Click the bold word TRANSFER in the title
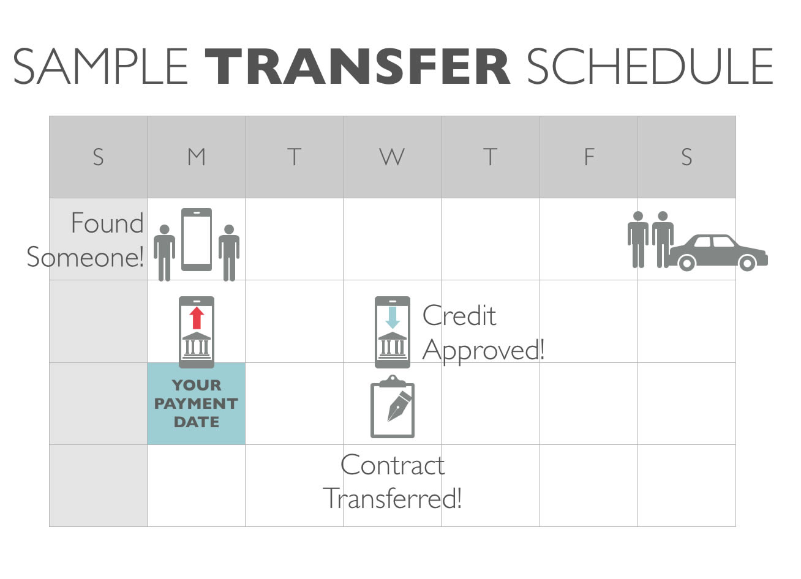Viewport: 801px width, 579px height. (x=358, y=67)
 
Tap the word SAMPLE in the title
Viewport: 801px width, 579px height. (x=100, y=67)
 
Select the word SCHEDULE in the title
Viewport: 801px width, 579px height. (x=650, y=67)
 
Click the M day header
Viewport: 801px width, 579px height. (x=197, y=157)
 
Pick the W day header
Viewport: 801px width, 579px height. (x=392, y=157)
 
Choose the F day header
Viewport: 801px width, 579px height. (x=589, y=157)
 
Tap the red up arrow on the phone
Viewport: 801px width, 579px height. (x=197, y=318)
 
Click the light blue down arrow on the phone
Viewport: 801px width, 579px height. (x=393, y=318)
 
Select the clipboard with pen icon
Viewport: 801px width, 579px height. (x=393, y=406)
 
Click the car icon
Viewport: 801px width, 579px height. (x=717, y=253)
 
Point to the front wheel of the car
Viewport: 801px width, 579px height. (x=747, y=264)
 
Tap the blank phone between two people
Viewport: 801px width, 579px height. (x=197, y=239)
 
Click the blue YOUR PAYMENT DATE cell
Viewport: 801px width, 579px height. (x=197, y=403)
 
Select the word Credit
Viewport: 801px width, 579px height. (x=459, y=315)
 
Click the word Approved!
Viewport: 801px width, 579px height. (x=483, y=351)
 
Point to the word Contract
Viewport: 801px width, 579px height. (x=393, y=465)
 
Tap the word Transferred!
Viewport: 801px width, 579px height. (x=393, y=498)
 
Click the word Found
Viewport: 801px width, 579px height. (x=107, y=223)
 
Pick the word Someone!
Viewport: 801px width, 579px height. (x=85, y=256)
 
